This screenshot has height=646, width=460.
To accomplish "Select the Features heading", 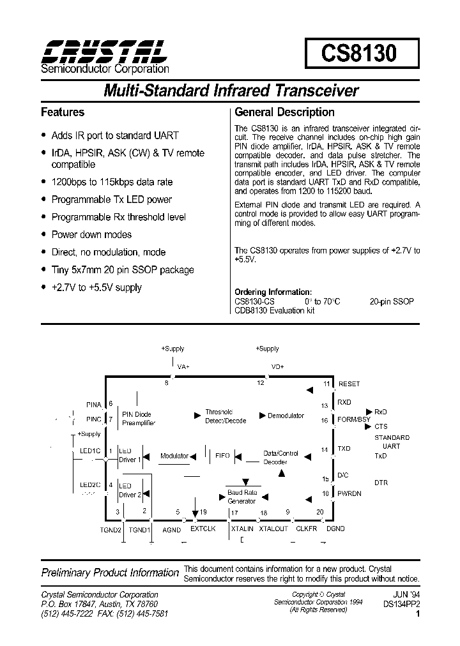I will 63,112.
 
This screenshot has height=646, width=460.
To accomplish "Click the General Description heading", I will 284,112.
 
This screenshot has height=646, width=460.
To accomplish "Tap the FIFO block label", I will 222,456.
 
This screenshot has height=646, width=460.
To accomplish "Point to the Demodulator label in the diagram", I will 286,416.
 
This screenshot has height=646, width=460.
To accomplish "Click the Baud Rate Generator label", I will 241,497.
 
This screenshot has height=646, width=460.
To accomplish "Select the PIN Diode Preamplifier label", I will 138,419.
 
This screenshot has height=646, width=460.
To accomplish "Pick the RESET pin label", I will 349,384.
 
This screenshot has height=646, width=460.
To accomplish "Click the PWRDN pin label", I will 349,493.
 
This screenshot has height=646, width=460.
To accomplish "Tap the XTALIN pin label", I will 242,529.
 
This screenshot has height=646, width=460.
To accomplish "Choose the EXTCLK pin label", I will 203,529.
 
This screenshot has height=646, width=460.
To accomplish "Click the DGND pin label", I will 335,529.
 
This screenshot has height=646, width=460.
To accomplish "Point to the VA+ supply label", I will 183,367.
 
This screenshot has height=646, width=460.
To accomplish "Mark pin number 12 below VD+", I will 260,383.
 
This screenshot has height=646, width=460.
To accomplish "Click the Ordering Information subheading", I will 273,292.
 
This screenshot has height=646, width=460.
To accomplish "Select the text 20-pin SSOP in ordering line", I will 392,301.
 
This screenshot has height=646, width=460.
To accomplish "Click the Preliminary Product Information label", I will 110,573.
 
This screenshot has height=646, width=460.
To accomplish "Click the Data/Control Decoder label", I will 281,458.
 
